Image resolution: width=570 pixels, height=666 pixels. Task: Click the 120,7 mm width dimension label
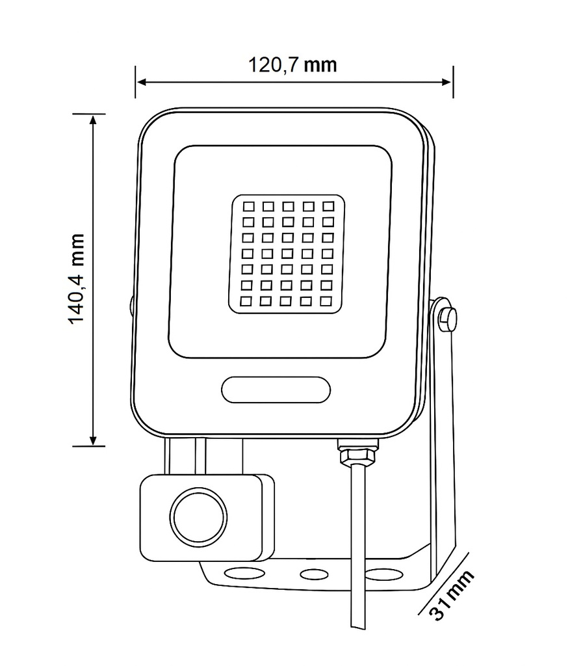point(292,65)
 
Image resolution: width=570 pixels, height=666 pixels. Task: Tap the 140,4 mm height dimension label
point(77,278)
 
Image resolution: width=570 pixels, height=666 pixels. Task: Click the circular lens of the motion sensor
point(199,517)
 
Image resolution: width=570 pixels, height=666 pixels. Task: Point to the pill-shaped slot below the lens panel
point(276,390)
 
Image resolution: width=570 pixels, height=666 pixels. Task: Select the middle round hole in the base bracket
point(314,575)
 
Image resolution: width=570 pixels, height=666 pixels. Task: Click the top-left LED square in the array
point(248,207)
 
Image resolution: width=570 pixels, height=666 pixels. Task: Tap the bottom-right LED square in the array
point(326,300)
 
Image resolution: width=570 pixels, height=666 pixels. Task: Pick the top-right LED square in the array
point(328,206)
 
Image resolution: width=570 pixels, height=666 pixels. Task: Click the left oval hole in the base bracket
point(243,574)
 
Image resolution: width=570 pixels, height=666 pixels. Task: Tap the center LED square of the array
point(287,254)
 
